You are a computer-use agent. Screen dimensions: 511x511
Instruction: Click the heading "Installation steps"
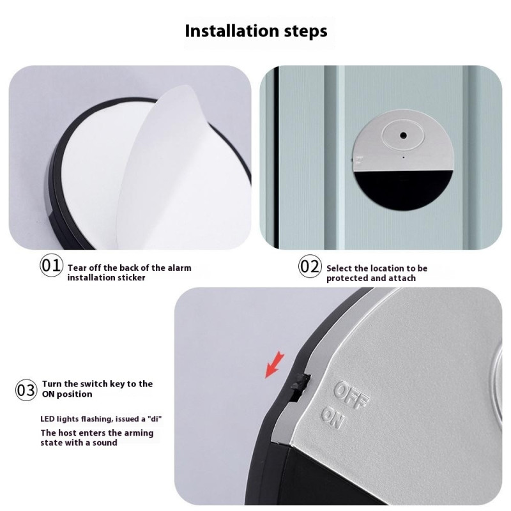coord(256,31)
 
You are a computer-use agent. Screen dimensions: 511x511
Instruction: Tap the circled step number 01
coord(52,266)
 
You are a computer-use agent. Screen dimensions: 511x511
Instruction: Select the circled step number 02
coord(310,266)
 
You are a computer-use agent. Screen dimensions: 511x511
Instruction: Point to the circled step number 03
coord(27,390)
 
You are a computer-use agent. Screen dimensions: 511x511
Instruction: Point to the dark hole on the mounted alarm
coord(404,135)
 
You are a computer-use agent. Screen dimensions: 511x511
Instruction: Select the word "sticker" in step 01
coord(130,278)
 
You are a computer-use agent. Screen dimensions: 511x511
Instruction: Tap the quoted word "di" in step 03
coord(155,418)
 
